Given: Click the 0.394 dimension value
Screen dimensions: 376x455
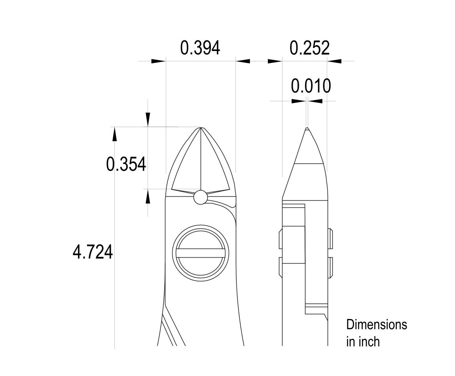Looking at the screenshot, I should (200, 48).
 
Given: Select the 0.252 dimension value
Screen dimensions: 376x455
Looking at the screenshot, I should (309, 48).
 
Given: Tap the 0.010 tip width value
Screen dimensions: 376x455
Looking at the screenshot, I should (311, 86).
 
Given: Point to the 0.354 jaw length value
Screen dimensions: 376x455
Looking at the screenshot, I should (126, 164).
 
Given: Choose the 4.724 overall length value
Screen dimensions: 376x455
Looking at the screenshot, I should (93, 252).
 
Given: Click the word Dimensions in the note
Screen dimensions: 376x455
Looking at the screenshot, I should (376, 325).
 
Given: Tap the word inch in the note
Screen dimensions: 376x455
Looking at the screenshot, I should (371, 341).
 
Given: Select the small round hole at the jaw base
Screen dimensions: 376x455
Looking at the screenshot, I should (201, 197).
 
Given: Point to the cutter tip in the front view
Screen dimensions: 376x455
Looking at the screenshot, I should (201, 128).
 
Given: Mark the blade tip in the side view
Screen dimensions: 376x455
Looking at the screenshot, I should (307, 128).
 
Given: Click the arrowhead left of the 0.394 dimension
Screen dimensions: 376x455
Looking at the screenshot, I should (158, 61).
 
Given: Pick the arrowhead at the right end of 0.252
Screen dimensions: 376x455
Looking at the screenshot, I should (335, 61).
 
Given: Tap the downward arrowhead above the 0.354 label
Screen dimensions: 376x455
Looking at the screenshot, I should (148, 119).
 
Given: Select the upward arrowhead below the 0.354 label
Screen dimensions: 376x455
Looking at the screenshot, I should (148, 196).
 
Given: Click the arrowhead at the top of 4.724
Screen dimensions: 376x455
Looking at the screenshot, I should (115, 134).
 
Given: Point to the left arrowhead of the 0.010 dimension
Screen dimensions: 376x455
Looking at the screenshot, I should (298, 101).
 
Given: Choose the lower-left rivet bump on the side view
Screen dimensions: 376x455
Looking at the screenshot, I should (281, 268).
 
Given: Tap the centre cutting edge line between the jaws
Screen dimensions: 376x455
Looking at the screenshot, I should (201, 158).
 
